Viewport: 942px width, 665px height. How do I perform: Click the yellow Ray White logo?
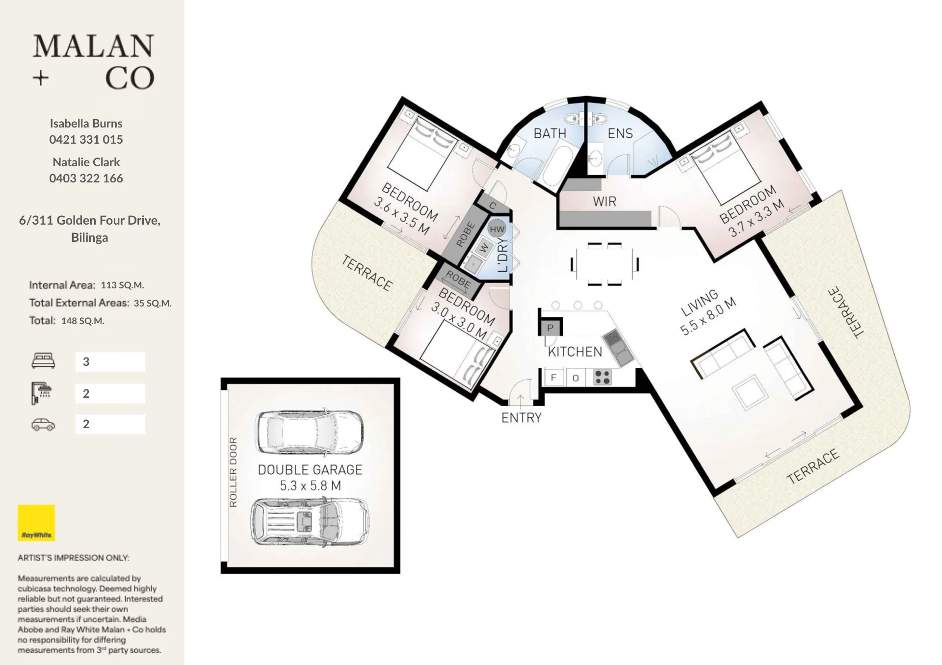pos(36,523)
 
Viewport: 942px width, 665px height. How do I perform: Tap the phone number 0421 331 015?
pos(86,140)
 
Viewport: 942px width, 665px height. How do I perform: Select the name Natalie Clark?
pos(86,162)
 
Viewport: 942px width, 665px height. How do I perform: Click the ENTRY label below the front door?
pos(521,418)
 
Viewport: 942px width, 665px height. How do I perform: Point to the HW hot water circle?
pos(497,229)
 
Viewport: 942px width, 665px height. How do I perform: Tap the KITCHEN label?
pos(575,352)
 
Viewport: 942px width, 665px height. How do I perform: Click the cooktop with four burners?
pos(602,377)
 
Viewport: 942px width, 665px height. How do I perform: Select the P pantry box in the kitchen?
pos(550,327)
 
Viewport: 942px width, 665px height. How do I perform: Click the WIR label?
pos(604,202)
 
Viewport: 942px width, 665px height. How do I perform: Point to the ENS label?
pos(620,133)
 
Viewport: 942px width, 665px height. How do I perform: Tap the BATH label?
pos(549,133)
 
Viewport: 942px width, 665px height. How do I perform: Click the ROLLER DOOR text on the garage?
pos(233,472)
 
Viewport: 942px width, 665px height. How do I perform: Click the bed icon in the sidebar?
pos(43,361)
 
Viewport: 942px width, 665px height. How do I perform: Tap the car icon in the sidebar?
pos(43,424)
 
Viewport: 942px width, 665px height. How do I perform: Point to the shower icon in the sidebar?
pos(42,393)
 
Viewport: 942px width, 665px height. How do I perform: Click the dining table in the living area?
pos(604,264)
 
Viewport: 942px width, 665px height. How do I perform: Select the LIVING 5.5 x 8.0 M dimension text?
pos(708,312)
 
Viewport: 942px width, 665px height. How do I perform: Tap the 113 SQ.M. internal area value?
pos(122,285)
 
